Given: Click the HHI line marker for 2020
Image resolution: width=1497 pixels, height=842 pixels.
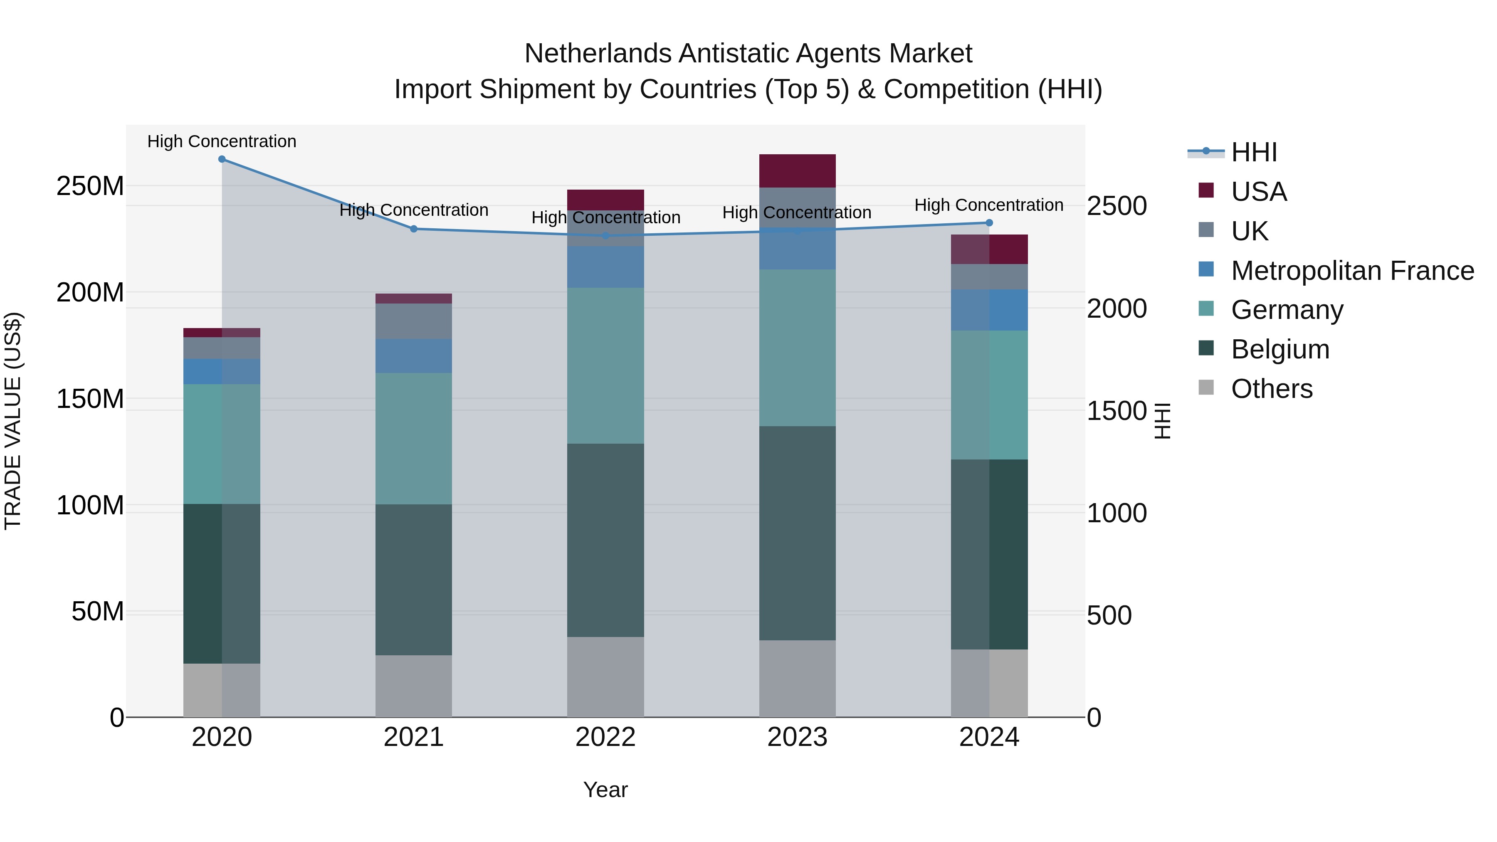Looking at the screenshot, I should [222, 159].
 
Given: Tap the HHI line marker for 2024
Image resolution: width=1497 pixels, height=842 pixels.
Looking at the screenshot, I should [989, 222].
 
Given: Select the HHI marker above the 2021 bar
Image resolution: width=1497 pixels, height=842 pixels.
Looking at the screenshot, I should [414, 229].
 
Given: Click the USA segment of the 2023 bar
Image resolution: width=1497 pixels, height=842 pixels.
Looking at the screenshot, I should [797, 171].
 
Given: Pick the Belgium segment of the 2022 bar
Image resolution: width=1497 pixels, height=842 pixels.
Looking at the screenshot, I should [605, 541].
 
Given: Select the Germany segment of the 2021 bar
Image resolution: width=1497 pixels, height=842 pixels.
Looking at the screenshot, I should [414, 439].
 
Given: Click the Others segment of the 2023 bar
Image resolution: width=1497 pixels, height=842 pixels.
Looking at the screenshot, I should [797, 679].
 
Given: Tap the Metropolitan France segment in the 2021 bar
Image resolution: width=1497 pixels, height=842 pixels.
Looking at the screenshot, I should [414, 356].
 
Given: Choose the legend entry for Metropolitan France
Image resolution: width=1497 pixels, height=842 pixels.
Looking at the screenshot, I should [1352, 271].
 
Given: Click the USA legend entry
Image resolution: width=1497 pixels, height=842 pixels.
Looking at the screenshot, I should [1259, 192].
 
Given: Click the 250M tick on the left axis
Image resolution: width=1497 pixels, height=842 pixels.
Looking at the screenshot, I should [90, 187].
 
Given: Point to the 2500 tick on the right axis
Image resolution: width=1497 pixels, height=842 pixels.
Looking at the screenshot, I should [1117, 206].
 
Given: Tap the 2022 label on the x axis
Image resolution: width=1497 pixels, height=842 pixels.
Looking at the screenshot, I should [605, 737].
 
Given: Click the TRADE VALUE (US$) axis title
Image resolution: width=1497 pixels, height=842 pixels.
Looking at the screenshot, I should [13, 421].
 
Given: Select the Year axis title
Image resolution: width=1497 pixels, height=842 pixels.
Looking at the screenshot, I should [605, 790].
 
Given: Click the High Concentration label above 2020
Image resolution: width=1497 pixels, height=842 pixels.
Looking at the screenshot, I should [222, 141].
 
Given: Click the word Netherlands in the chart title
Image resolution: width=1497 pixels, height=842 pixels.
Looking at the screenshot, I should [598, 54].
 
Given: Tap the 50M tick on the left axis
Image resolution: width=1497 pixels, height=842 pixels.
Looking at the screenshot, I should [98, 612].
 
